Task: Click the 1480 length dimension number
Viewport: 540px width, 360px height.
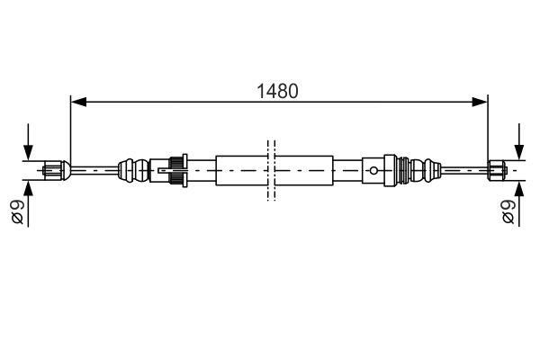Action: click(277, 91)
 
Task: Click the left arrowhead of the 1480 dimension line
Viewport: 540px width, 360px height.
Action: click(77, 102)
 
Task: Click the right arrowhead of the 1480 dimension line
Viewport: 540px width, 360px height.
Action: click(481, 102)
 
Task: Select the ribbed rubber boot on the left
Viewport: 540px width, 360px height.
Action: click(133, 167)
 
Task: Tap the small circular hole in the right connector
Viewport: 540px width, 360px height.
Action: click(373, 167)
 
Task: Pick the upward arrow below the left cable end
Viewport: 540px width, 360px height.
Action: click(28, 190)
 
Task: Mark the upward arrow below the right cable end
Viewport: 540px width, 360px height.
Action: click(519, 190)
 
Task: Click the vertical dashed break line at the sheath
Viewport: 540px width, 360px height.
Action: click(269, 167)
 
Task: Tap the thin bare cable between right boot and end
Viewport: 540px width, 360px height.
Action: click(463, 167)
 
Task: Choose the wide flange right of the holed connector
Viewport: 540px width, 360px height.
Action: click(391, 167)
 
